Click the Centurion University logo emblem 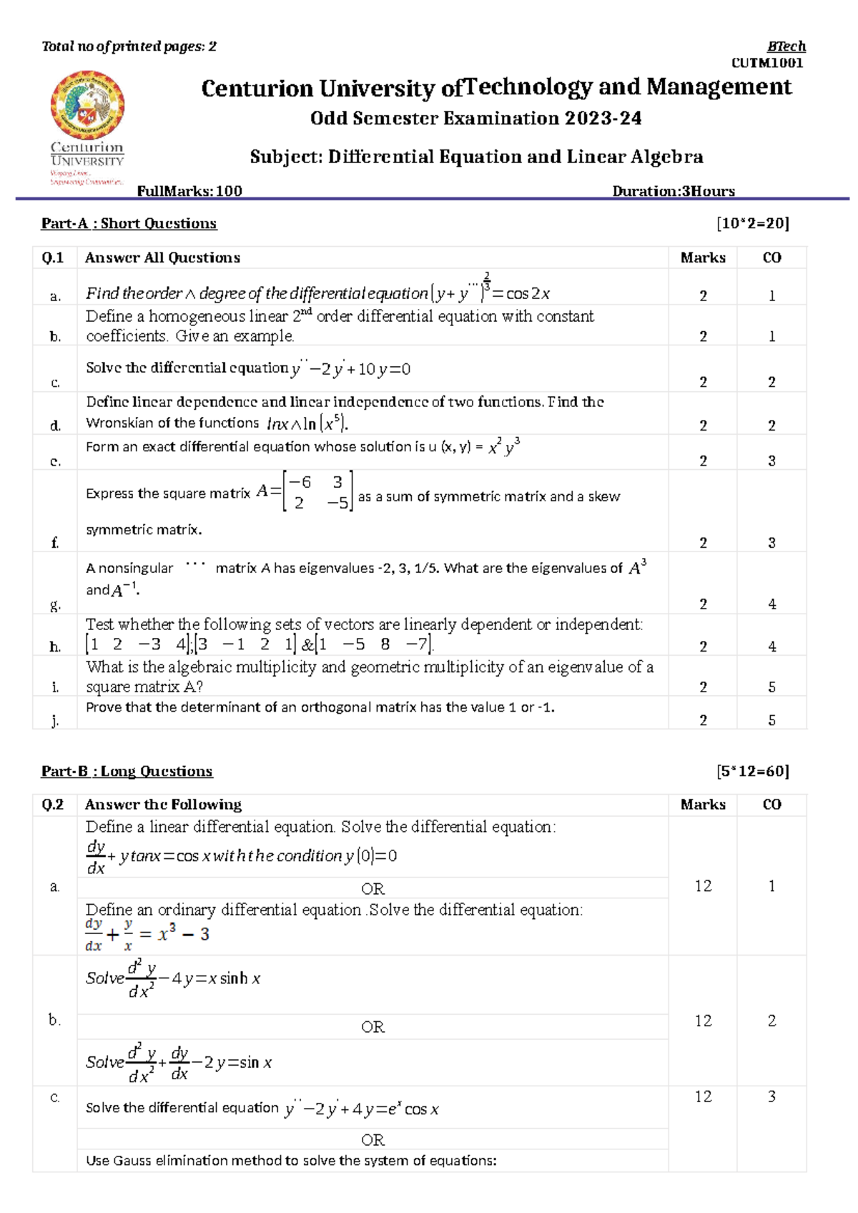[87, 105]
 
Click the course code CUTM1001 [767, 63]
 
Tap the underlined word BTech [786, 46]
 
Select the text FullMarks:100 [189, 191]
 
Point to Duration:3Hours [673, 191]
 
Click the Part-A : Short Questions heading [129, 223]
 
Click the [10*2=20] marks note [752, 223]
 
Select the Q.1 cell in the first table [54, 257]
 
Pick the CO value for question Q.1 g [771, 604]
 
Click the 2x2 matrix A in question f [317, 492]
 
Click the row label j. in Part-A [55, 720]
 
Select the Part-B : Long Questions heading [127, 771]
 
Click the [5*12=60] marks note [752, 771]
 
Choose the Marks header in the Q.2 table [703, 805]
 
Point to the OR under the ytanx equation [373, 888]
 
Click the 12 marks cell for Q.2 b [703, 1021]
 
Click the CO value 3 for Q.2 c [771, 1096]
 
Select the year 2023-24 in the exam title [602, 119]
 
